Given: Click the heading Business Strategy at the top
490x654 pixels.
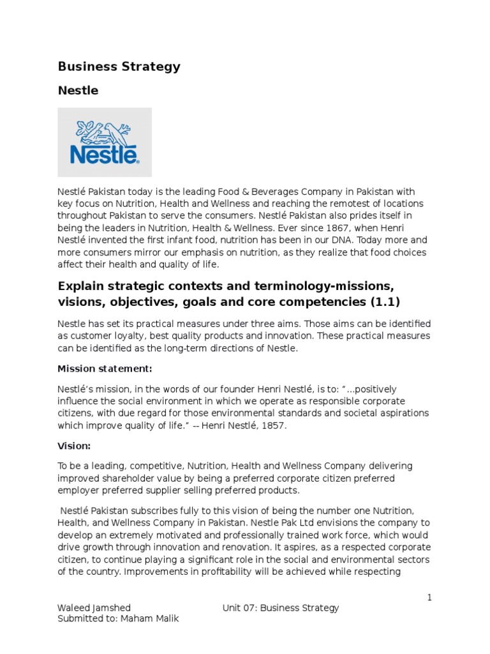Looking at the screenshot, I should (x=119, y=66).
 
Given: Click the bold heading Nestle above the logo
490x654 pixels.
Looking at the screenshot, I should (x=78, y=91).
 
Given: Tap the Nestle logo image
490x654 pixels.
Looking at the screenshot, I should (x=105, y=142).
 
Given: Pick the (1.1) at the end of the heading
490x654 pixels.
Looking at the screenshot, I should (x=378, y=301).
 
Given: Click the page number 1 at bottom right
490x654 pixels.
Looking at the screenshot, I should (x=429, y=597).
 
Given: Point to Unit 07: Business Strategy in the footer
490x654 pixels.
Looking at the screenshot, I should (x=280, y=608).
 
